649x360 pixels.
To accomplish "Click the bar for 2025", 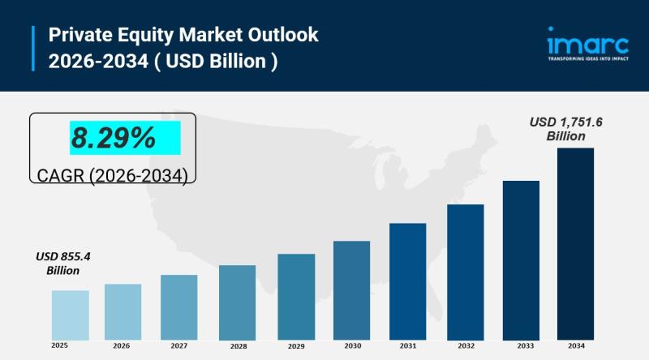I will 70,315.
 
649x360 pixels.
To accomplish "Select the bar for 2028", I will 237,302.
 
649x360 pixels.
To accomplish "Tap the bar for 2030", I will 351,289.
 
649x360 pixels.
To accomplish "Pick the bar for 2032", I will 465,272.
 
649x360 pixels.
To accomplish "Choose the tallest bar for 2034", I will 575,243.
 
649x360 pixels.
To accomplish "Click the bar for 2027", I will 178,306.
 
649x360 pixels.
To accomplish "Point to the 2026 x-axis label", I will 122,345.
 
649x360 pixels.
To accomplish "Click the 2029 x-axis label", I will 295,346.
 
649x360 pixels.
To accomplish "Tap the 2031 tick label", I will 407,345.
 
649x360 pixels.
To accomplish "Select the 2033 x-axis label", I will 521,345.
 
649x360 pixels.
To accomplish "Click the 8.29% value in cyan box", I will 113,139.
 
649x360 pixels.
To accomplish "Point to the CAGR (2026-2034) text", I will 113,174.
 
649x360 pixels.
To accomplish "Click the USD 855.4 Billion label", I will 62,263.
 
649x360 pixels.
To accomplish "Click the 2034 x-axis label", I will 575,345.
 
